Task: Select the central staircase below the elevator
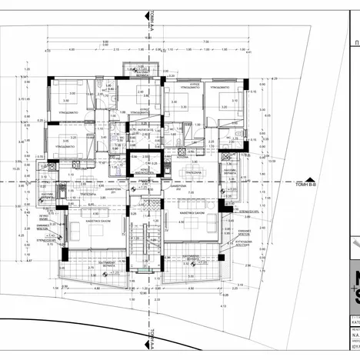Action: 145,242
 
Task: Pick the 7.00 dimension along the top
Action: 206,42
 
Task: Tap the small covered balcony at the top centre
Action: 142,70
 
